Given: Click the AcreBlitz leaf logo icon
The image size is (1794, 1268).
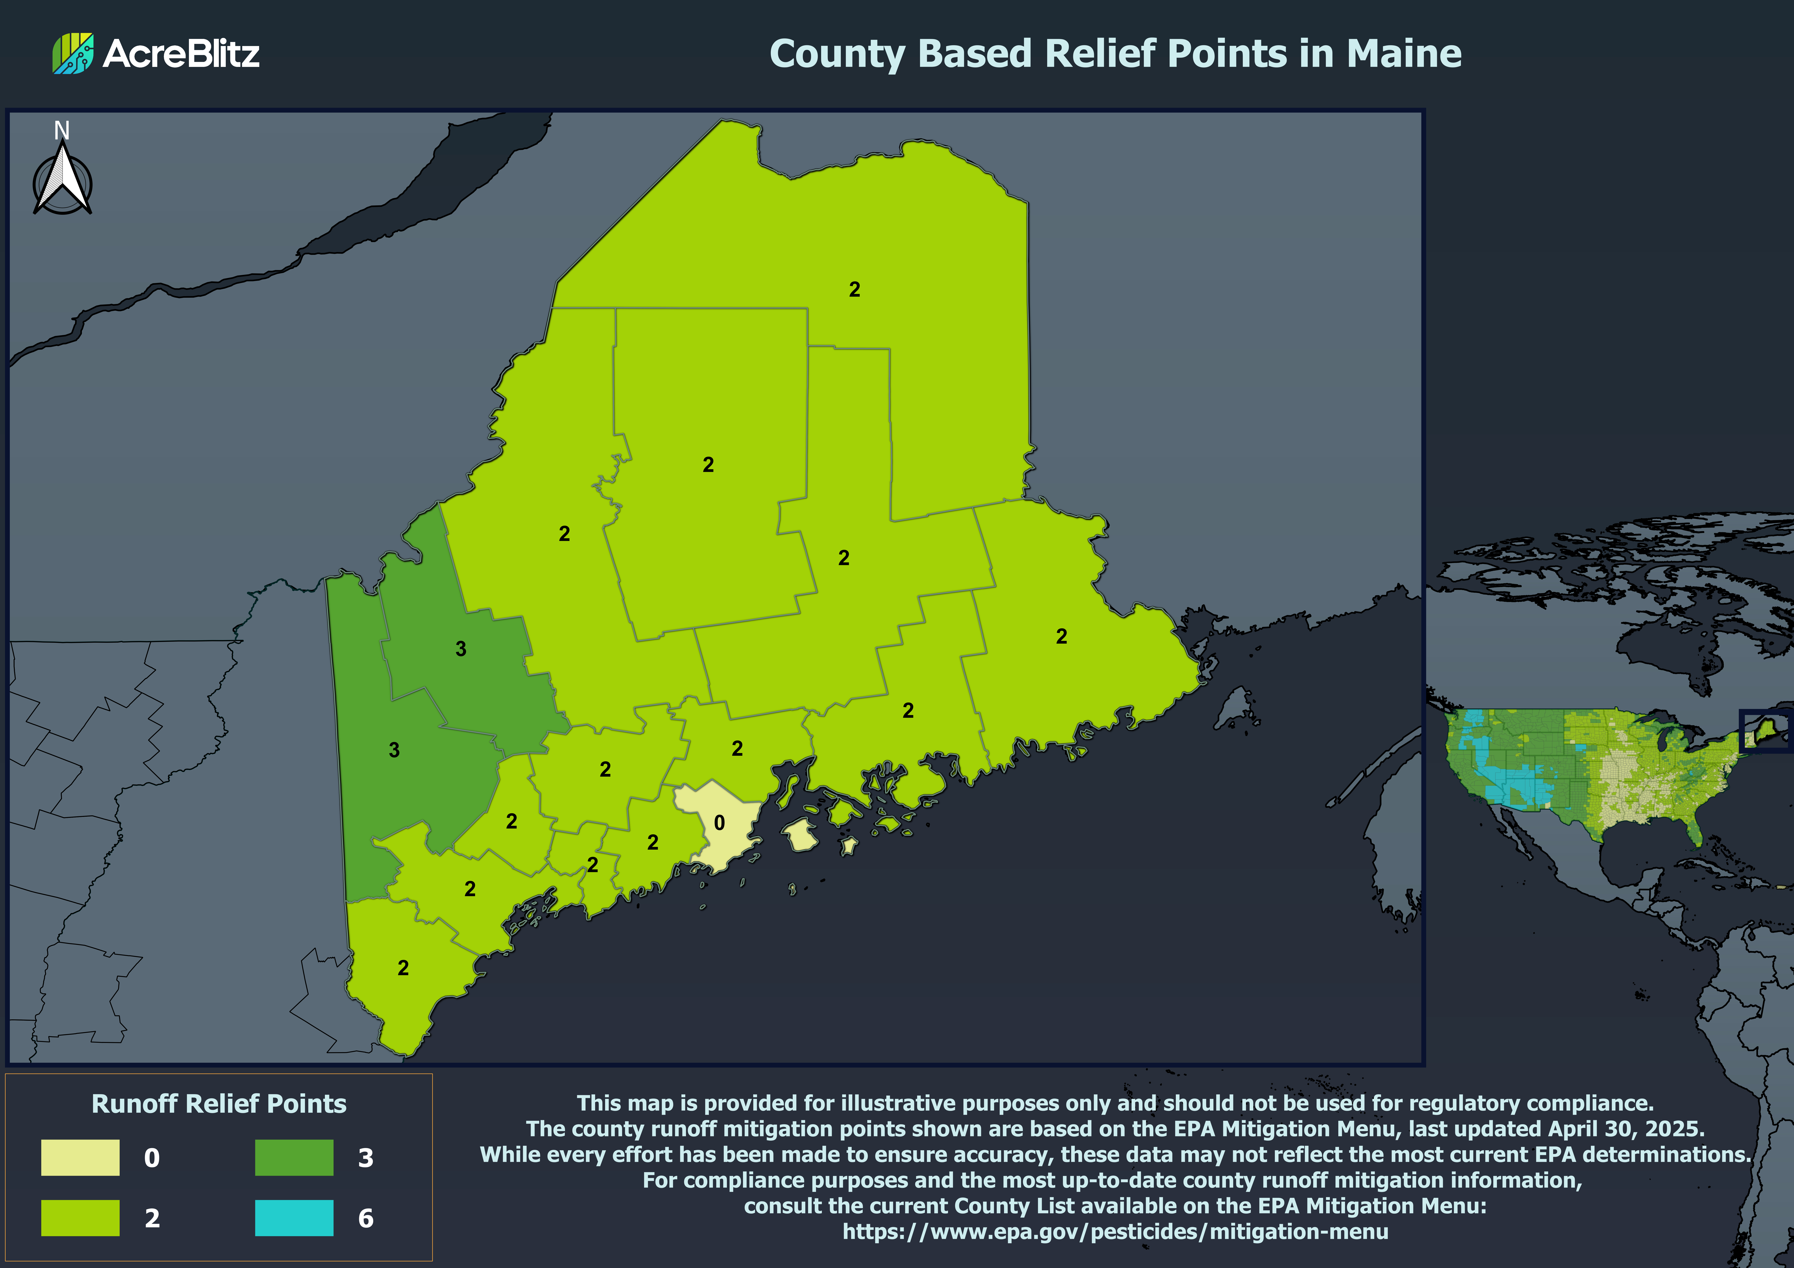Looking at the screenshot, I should (73, 53).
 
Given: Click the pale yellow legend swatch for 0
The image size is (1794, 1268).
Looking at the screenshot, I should (81, 1157).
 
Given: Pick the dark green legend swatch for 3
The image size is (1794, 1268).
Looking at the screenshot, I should (294, 1157).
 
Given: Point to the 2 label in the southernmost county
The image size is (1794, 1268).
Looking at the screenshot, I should (403, 968).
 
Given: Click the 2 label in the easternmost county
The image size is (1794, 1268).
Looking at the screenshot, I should (1061, 637).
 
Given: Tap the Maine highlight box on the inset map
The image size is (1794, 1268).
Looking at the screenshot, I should (1764, 730).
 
